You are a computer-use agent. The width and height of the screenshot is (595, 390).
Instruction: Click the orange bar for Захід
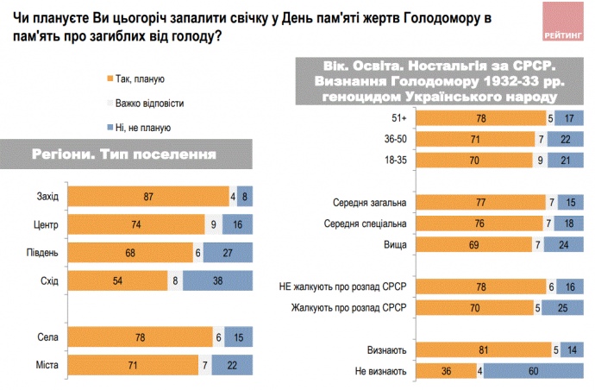coord(148,196)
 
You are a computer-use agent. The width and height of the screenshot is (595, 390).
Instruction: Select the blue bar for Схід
coord(217,280)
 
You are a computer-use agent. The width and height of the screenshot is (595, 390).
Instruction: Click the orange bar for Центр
coord(136,224)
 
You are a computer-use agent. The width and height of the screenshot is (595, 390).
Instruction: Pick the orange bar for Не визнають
coord(446,371)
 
